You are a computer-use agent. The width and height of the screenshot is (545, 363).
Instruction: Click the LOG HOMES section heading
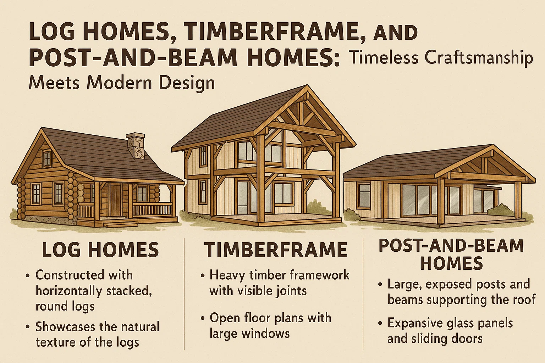[x=100, y=250]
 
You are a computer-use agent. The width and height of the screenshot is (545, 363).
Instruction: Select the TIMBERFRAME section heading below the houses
[x=276, y=250]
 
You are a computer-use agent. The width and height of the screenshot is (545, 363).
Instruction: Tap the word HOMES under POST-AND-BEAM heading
[x=451, y=263]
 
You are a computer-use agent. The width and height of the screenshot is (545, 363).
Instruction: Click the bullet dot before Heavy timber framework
[x=203, y=276]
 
